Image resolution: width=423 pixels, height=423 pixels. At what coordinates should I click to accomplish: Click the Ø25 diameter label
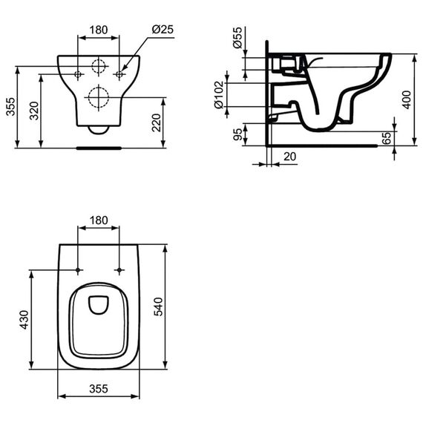[x=163, y=29]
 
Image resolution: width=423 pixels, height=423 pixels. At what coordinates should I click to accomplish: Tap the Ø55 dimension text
[x=238, y=38]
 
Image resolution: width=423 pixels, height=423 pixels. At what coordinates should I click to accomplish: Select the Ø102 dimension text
[x=219, y=94]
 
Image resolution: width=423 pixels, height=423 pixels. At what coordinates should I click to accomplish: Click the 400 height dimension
[x=406, y=100]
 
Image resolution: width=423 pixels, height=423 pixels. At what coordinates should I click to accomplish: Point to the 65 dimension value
[x=387, y=138]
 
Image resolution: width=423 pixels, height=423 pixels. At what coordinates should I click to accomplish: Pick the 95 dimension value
[x=237, y=134]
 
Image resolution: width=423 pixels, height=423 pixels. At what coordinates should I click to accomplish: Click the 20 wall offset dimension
[x=290, y=157]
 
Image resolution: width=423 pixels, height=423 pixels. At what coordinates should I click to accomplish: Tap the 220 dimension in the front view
[x=156, y=122]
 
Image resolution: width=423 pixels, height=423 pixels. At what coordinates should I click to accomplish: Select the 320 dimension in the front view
[x=34, y=111]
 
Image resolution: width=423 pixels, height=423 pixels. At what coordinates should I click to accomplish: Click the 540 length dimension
[x=158, y=306]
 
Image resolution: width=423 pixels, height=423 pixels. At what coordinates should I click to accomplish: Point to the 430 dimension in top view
[x=24, y=320]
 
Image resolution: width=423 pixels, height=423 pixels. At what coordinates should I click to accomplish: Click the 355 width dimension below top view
[x=99, y=389]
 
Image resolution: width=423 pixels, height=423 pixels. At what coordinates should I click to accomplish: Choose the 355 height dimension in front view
[x=11, y=107]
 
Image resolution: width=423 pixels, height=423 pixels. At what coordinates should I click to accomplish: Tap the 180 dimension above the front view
[x=99, y=30]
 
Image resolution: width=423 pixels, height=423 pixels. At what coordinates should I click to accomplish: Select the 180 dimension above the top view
[x=99, y=220]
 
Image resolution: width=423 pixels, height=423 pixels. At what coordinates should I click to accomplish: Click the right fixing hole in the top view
[x=119, y=270]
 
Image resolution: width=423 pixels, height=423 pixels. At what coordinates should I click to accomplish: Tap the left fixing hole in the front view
[x=78, y=74]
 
